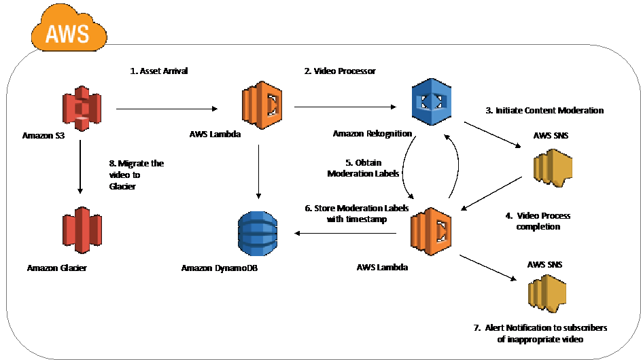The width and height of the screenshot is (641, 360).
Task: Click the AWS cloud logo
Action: point(68,29)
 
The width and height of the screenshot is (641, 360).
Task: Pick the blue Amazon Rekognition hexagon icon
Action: point(431,102)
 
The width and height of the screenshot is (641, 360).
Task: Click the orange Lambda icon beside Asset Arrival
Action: point(262,105)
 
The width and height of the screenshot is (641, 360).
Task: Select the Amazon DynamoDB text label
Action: point(220,269)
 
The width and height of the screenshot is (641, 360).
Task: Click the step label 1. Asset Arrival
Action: point(159,71)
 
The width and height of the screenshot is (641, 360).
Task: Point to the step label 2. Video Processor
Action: point(340,71)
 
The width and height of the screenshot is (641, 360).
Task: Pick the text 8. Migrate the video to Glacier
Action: point(136,175)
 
